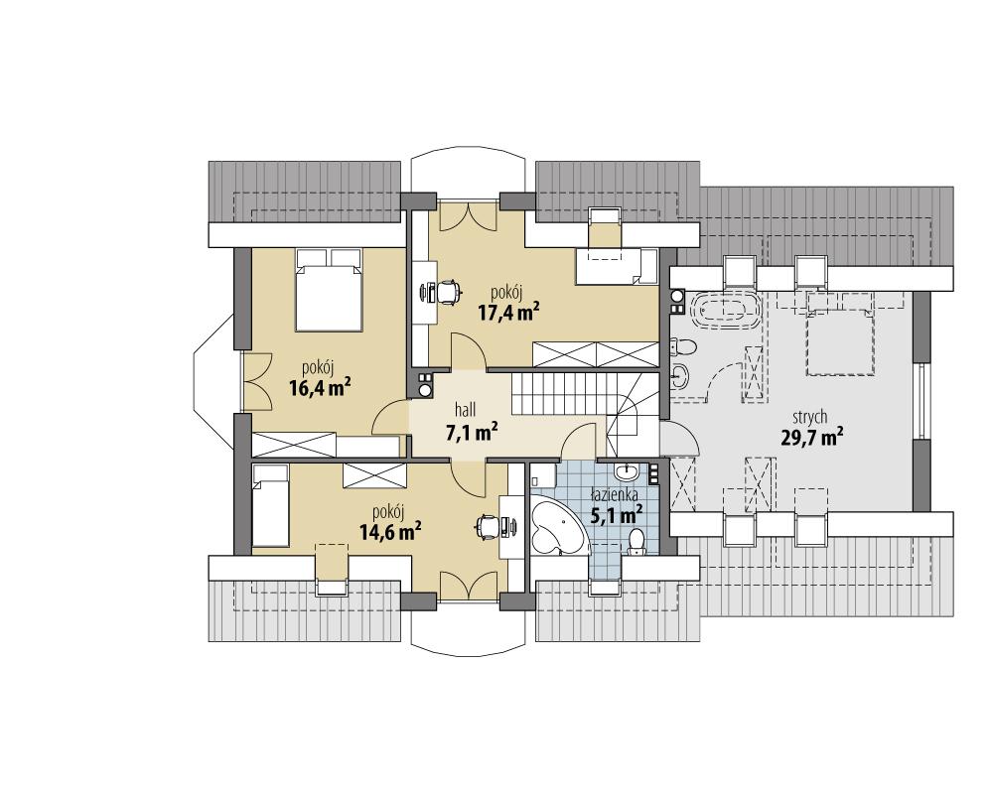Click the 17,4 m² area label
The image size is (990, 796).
[x=507, y=313]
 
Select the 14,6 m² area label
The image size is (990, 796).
[x=389, y=531]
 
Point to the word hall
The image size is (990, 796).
[x=466, y=410]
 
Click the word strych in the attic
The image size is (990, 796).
[x=811, y=417]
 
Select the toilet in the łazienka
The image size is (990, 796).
[x=636, y=541]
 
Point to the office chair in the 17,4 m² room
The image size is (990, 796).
[x=446, y=291]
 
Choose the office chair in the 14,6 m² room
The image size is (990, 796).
[x=486, y=526]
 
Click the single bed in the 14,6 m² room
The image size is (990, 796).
[x=269, y=507]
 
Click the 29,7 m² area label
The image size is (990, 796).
[x=811, y=436]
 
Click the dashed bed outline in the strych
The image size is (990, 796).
[x=839, y=334]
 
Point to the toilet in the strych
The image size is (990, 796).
[x=684, y=346]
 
